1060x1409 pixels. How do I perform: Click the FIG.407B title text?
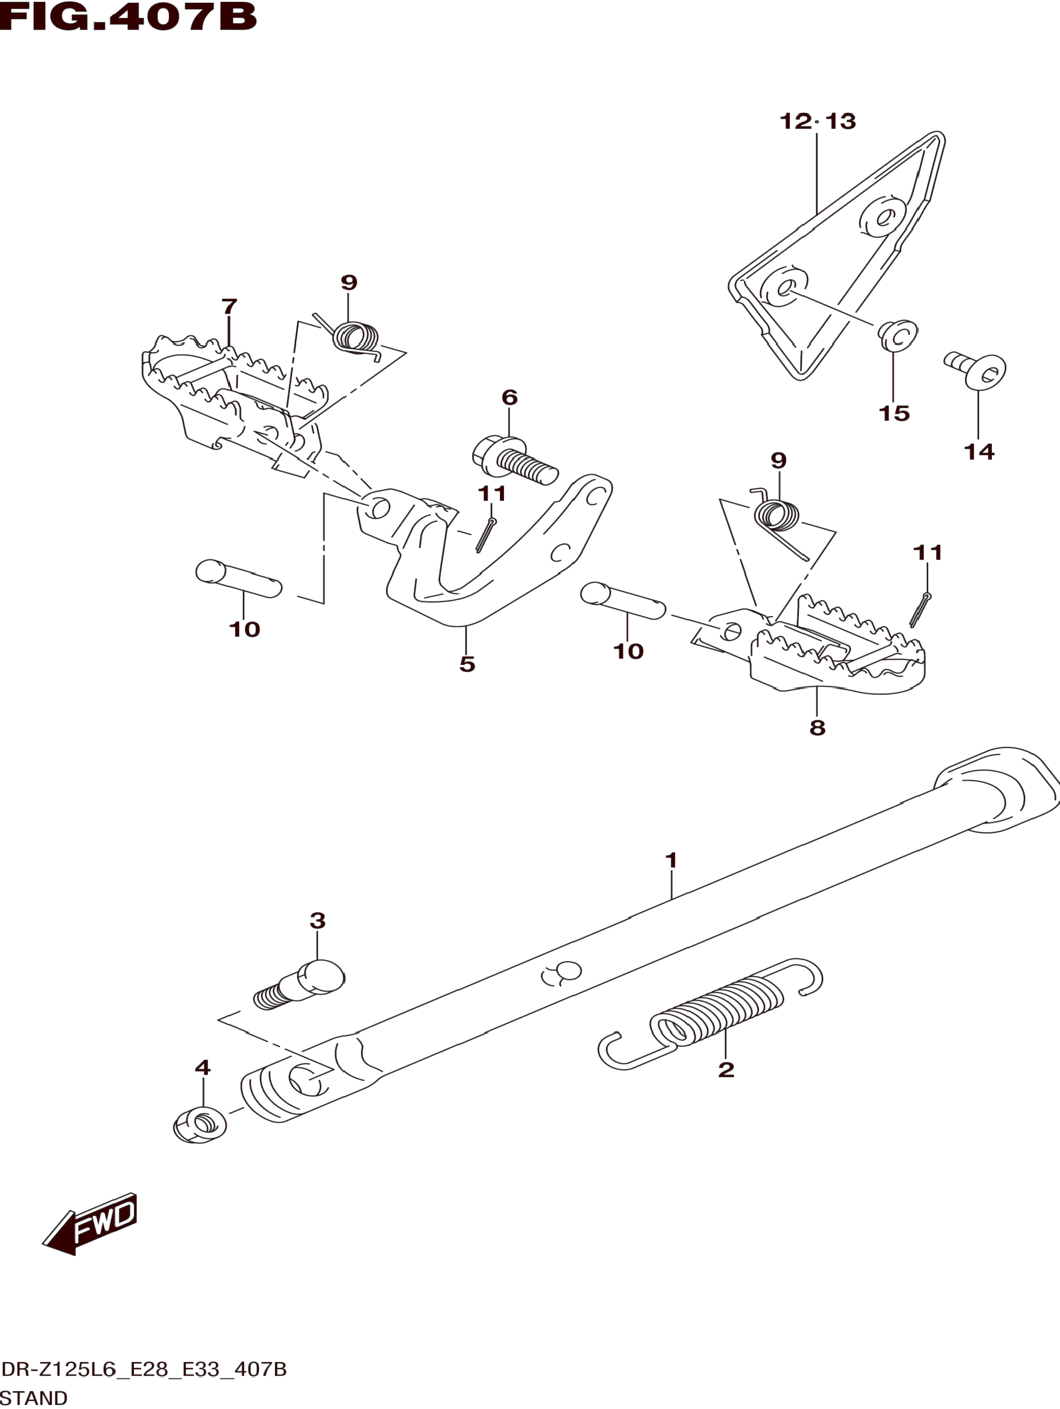coord(127,17)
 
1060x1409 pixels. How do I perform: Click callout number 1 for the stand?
coord(671,860)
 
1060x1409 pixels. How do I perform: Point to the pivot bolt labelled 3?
coord(299,993)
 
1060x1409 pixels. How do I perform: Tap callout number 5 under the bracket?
coord(467,664)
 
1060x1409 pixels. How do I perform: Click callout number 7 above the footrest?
coord(229,307)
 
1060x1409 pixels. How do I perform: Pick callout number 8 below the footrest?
coord(817,727)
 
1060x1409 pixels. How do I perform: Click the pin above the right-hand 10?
coord(623,600)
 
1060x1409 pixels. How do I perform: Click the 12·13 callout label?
coord(817,121)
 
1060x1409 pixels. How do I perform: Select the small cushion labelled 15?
coord(898,335)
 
